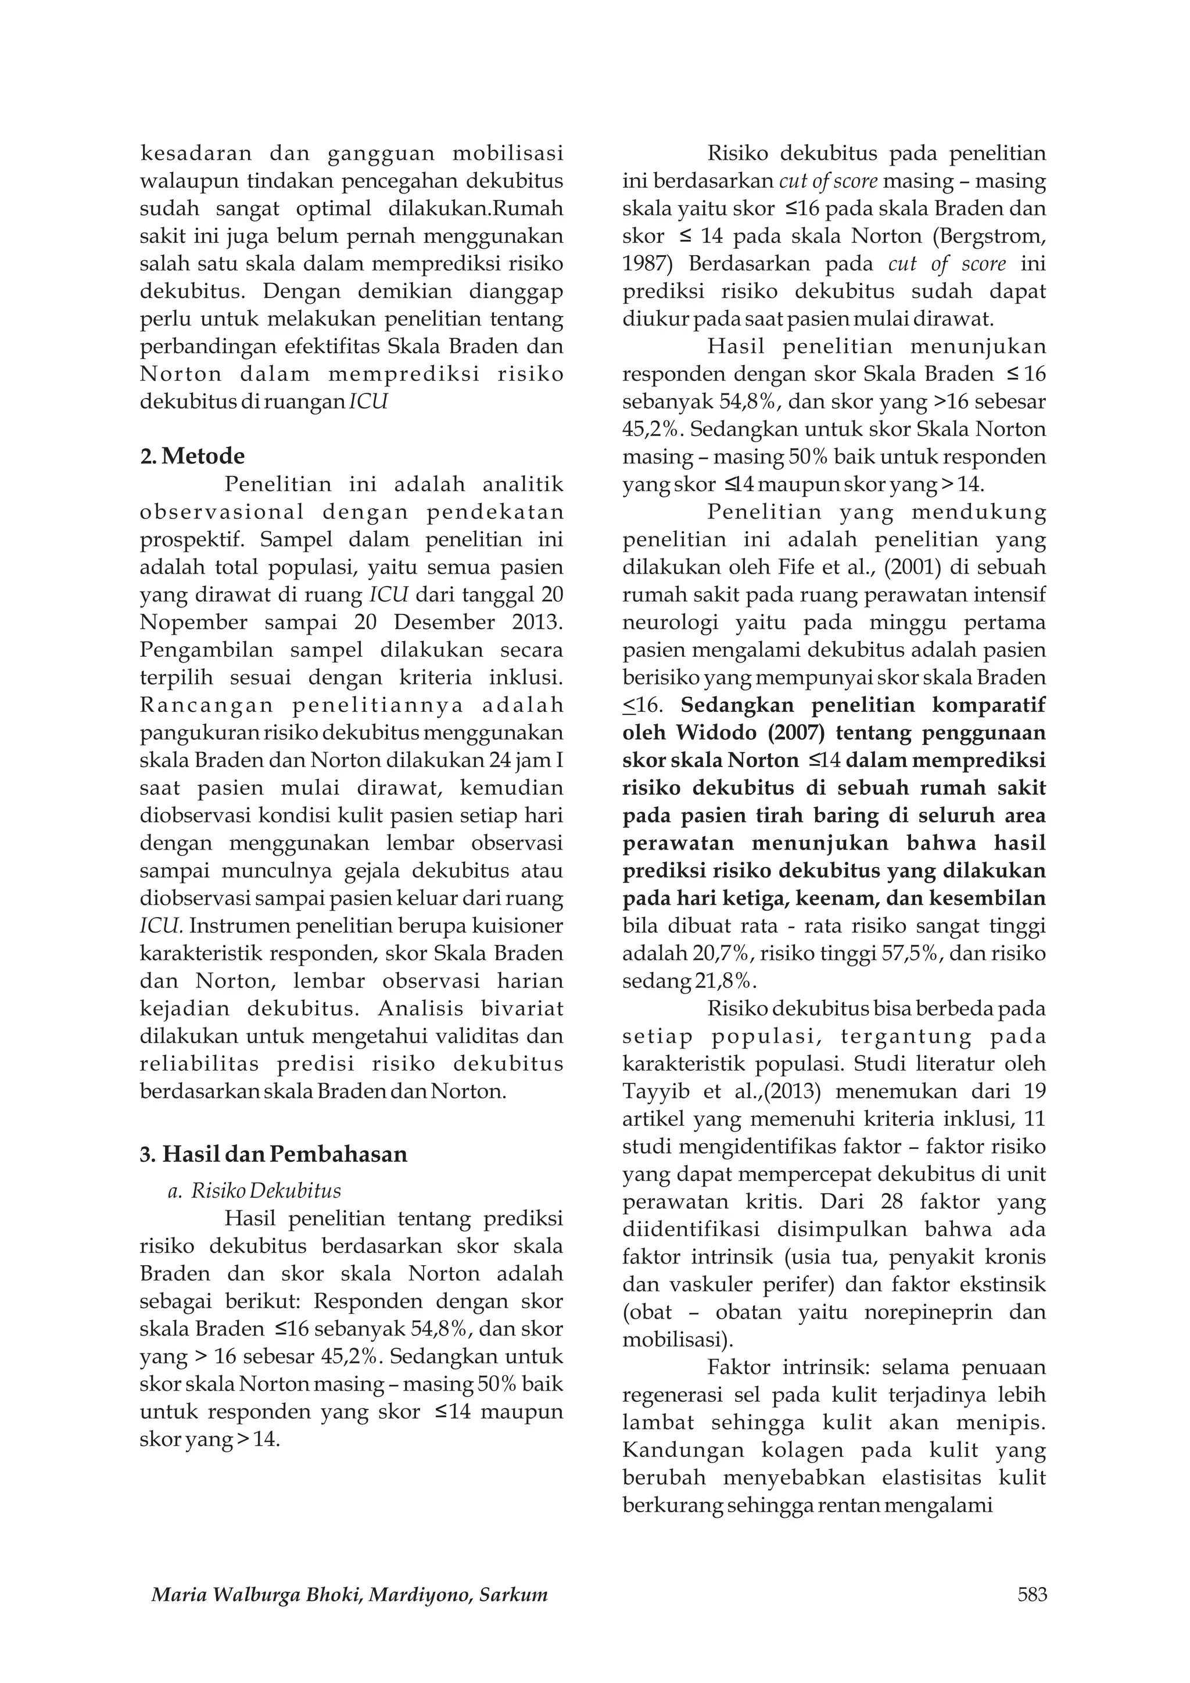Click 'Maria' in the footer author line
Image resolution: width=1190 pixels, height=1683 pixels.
click(x=177, y=1596)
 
